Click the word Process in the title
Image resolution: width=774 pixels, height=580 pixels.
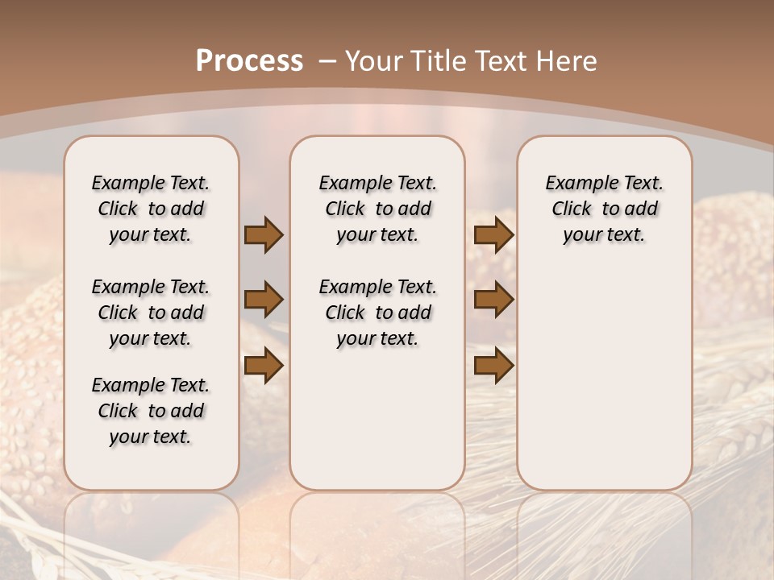pyautogui.click(x=249, y=61)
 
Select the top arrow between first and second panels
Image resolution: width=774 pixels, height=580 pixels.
pyautogui.click(x=264, y=234)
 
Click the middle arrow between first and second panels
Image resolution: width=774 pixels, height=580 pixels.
pyautogui.click(x=264, y=300)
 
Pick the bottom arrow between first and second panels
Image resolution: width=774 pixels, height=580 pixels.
pyautogui.click(x=264, y=366)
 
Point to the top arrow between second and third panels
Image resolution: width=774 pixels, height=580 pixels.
pyautogui.click(x=493, y=234)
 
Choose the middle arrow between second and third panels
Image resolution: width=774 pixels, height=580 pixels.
pyautogui.click(x=493, y=300)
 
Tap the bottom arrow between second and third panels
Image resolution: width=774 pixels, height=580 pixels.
pyautogui.click(x=493, y=366)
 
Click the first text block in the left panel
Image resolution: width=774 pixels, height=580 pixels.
pyautogui.click(x=151, y=209)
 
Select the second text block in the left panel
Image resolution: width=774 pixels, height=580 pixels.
pyautogui.click(x=151, y=313)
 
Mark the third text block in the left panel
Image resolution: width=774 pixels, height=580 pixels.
pyautogui.click(x=151, y=411)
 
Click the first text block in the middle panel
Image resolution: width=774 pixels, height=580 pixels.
pyautogui.click(x=377, y=209)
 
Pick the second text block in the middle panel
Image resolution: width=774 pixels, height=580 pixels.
pyautogui.click(x=377, y=313)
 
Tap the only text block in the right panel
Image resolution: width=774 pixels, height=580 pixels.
pyautogui.click(x=604, y=209)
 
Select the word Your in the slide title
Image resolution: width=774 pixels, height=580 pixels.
pyautogui.click(x=374, y=61)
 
